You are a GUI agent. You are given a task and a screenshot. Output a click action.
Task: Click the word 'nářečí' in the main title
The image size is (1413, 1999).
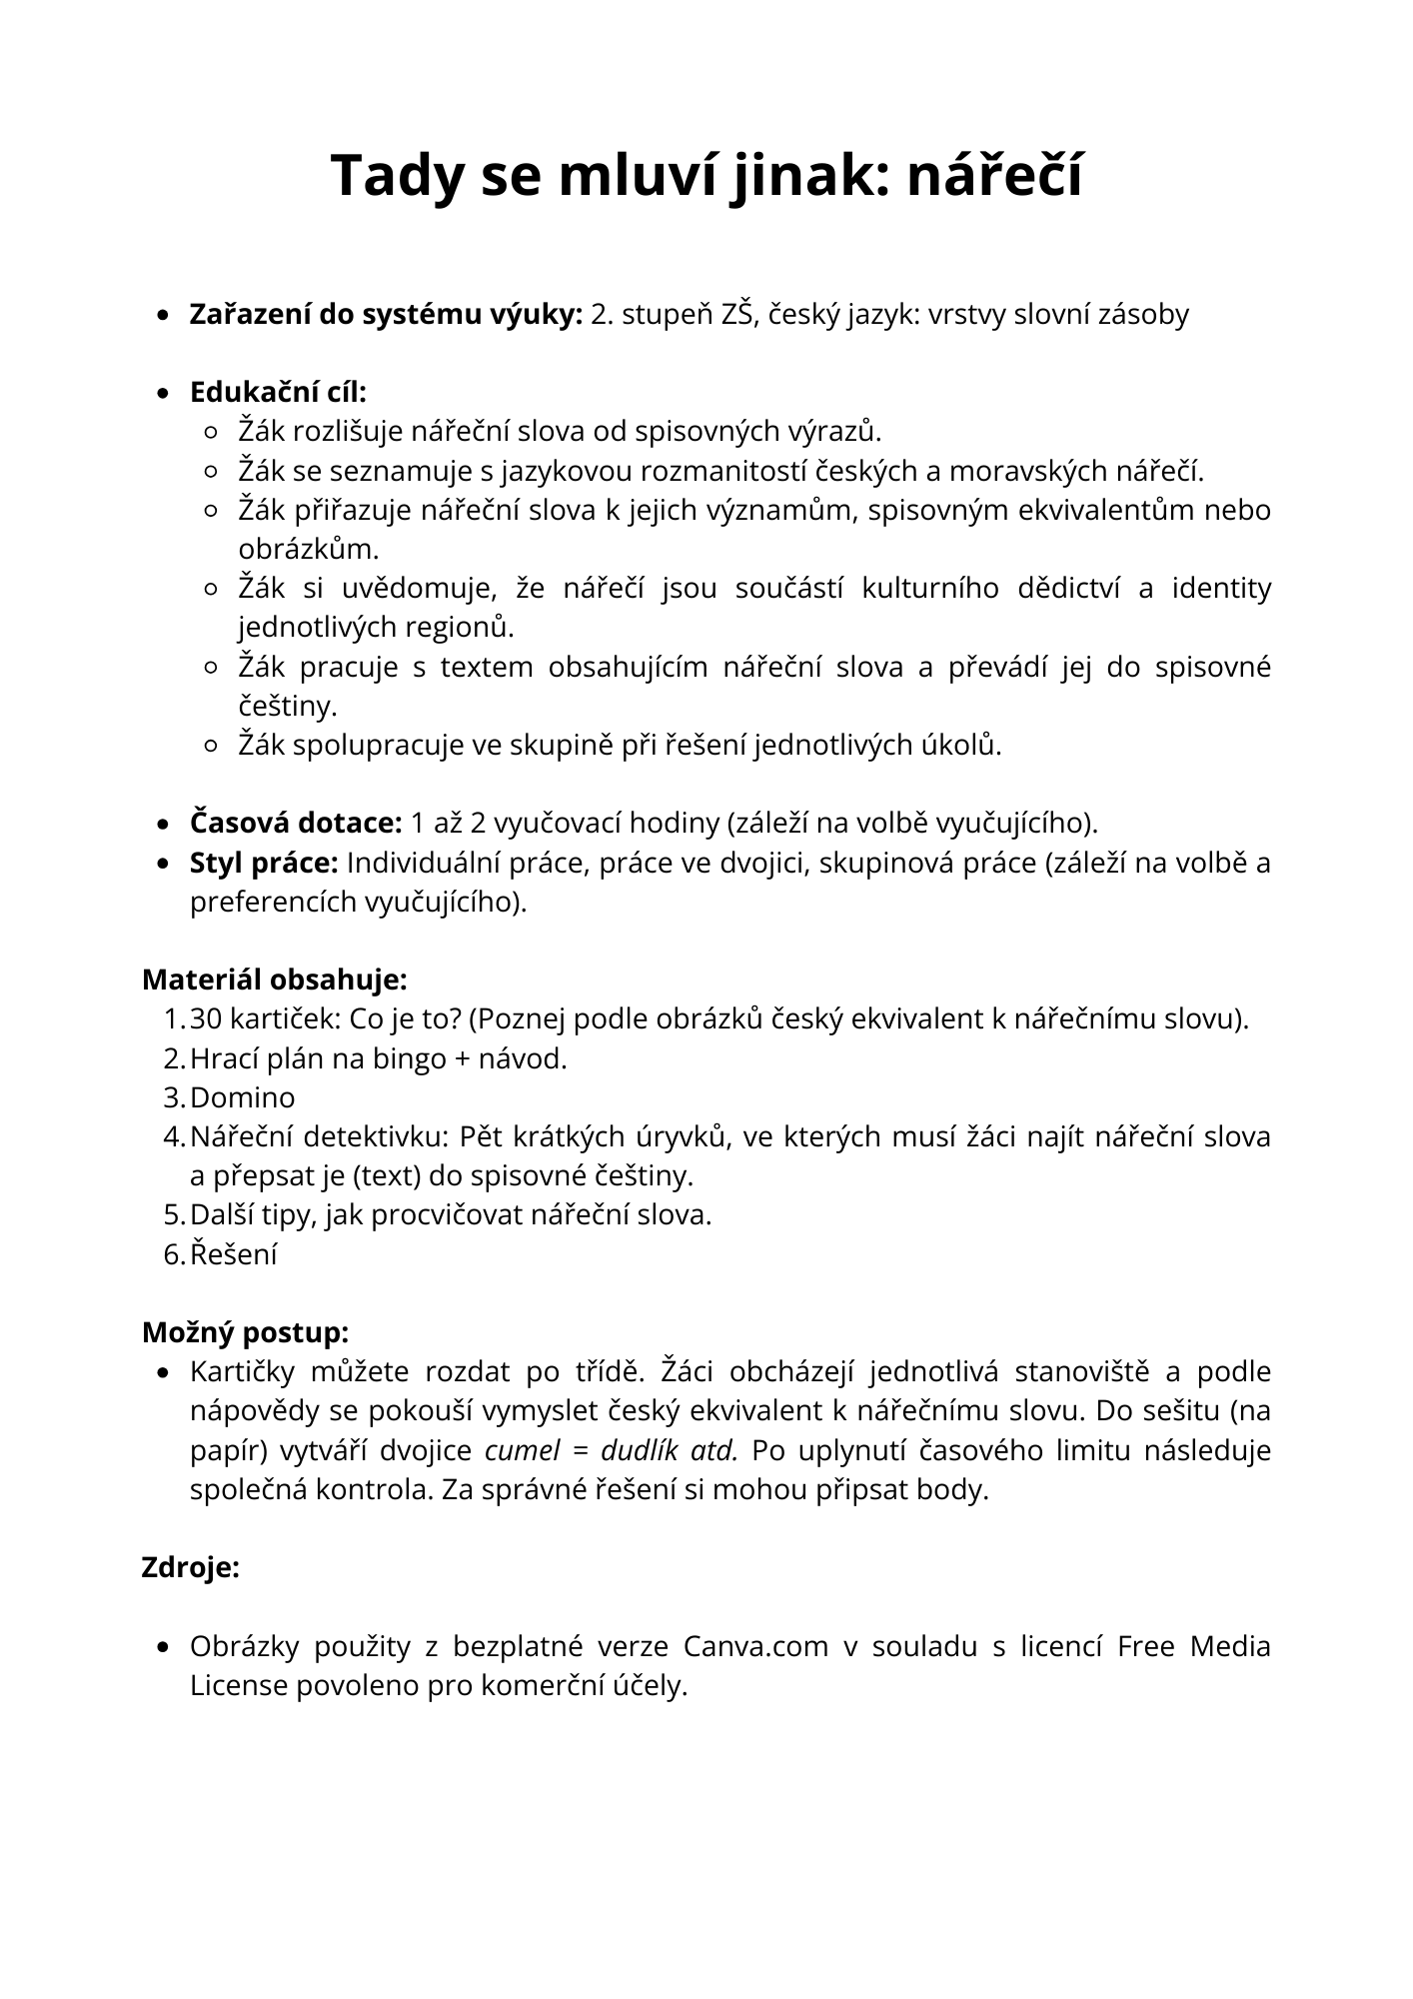[994, 176]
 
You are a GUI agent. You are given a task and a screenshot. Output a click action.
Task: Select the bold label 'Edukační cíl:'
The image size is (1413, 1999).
[278, 392]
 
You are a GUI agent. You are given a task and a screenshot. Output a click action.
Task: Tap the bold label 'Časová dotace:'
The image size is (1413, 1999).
[296, 823]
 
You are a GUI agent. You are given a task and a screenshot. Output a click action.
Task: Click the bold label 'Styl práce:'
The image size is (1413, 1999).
[264, 863]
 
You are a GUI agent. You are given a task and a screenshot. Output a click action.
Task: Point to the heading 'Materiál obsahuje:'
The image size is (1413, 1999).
[274, 980]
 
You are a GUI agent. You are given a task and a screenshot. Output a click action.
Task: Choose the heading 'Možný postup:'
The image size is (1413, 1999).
[245, 1332]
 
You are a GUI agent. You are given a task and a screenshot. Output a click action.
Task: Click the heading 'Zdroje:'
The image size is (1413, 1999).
[191, 1567]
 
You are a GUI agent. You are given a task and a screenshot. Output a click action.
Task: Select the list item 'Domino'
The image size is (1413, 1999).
[243, 1097]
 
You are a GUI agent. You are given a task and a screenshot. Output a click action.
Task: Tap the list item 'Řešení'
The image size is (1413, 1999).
[233, 1254]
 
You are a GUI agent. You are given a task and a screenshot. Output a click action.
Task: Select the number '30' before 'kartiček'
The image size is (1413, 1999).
[206, 1019]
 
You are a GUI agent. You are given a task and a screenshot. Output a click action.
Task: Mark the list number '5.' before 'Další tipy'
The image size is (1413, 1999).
[174, 1215]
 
